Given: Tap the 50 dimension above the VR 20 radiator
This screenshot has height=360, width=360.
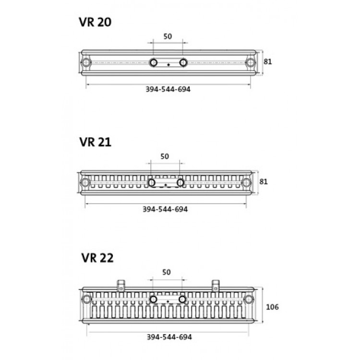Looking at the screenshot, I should [168, 36].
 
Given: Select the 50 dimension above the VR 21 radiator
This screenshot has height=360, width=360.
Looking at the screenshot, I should [165, 156].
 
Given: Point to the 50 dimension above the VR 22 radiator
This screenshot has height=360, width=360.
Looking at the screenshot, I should [167, 272].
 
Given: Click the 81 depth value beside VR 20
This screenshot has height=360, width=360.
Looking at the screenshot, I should [269, 61].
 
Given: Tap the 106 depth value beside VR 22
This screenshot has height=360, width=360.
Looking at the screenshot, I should [272, 306].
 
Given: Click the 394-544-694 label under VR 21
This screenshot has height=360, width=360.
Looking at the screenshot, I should [165, 209].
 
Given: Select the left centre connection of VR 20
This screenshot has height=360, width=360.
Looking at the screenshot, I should [154, 62].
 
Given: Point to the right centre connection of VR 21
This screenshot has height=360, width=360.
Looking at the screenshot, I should [180, 182].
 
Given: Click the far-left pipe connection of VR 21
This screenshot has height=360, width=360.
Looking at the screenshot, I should [85, 182].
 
